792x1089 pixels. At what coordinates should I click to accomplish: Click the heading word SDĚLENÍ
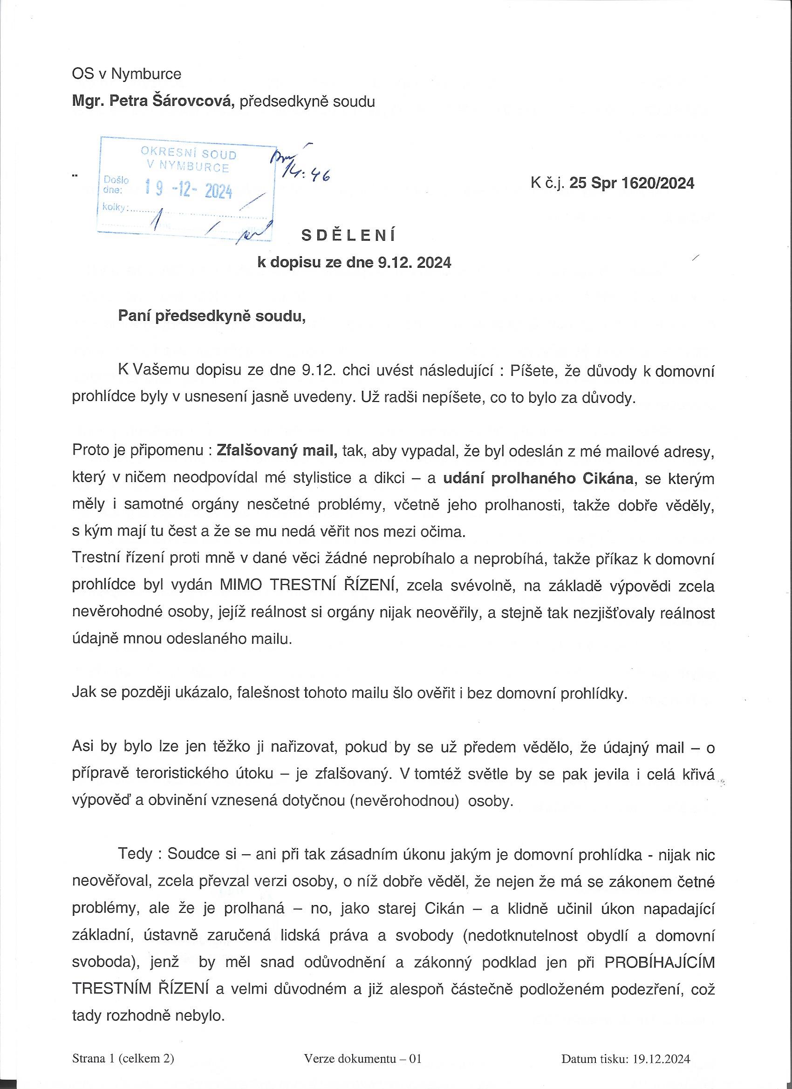348,235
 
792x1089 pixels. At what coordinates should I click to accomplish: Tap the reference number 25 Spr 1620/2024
632,183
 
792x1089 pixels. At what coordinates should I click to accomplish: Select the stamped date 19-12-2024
189,191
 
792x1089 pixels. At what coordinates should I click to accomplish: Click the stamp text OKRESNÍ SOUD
188,154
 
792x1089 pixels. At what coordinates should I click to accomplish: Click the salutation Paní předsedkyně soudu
212,317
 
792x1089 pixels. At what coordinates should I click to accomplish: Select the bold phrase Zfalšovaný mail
277,452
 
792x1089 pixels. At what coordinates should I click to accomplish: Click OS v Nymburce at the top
126,74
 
